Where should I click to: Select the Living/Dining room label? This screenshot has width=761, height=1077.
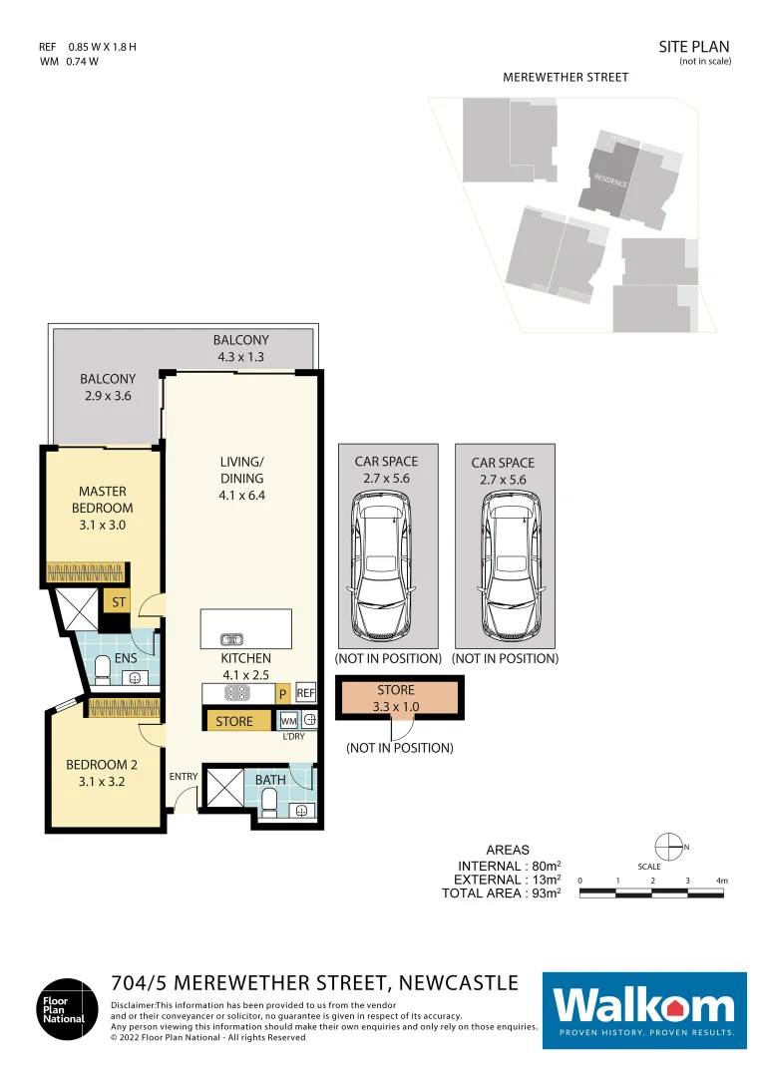tap(241, 478)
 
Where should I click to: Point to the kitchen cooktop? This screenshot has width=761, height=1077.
tap(237, 692)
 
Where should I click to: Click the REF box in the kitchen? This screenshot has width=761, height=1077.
tap(306, 693)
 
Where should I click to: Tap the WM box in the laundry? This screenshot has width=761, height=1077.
tap(288, 720)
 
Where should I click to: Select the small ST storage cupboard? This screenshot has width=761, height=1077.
tap(119, 602)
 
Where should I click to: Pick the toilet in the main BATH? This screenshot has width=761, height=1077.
tap(270, 799)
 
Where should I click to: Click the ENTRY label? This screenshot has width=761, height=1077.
tap(184, 777)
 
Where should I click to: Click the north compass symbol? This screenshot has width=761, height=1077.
tap(672, 848)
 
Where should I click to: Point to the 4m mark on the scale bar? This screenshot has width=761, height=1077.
tap(723, 882)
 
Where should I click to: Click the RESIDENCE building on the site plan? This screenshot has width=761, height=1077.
tap(608, 179)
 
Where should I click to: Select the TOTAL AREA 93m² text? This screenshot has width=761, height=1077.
tap(501, 895)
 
